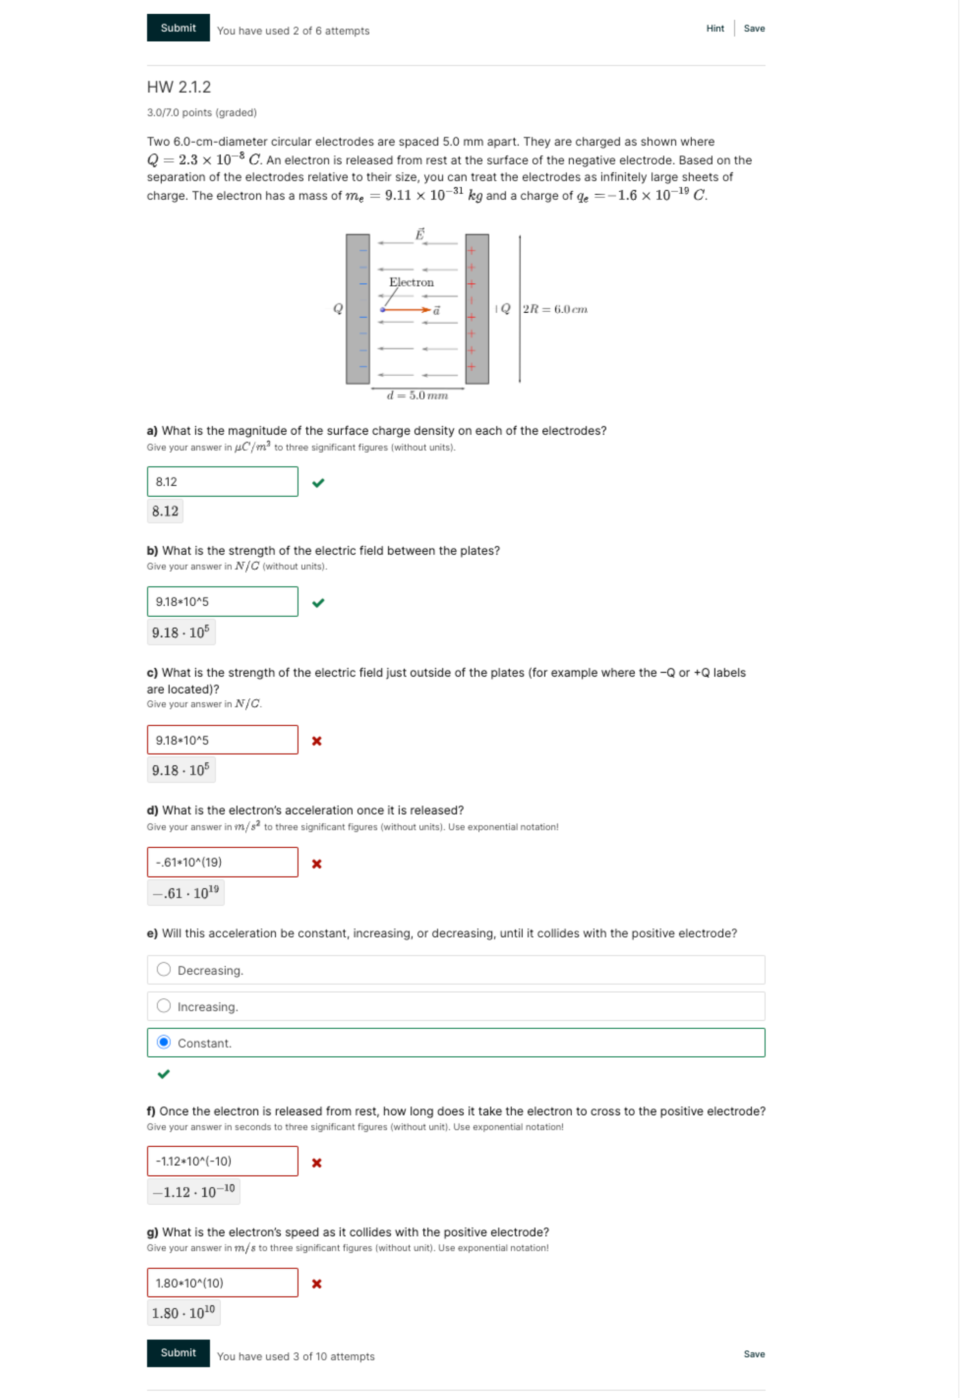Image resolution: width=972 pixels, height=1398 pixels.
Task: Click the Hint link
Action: pyautogui.click(x=714, y=29)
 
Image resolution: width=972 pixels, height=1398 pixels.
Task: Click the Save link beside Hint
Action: pyautogui.click(x=754, y=29)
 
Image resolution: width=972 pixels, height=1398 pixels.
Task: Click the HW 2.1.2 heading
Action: pyautogui.click(x=178, y=87)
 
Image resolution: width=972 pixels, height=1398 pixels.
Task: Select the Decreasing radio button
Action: pyautogui.click(x=164, y=969)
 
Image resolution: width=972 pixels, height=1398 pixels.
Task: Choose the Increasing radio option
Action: pyautogui.click(x=164, y=1005)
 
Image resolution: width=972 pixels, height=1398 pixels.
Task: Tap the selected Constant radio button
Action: pyautogui.click(x=164, y=1042)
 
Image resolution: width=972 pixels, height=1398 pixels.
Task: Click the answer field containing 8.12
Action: pyautogui.click(x=222, y=481)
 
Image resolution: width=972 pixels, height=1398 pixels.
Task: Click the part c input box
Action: pyautogui.click(x=222, y=740)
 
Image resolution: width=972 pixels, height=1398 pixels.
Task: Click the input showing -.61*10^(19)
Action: pyautogui.click(x=222, y=862)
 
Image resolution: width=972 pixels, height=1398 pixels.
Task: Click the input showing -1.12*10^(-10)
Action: pyautogui.click(x=222, y=1160)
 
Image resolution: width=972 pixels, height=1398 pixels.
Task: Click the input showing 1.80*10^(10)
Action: pyautogui.click(x=222, y=1282)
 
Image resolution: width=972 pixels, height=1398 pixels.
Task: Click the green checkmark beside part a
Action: pyautogui.click(x=318, y=483)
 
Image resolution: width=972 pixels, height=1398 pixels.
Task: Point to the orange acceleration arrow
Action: pyautogui.click(x=407, y=310)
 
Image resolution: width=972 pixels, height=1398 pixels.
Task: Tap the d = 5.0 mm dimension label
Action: pyautogui.click(x=417, y=396)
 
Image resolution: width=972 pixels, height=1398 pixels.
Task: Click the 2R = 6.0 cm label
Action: pyautogui.click(x=555, y=309)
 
